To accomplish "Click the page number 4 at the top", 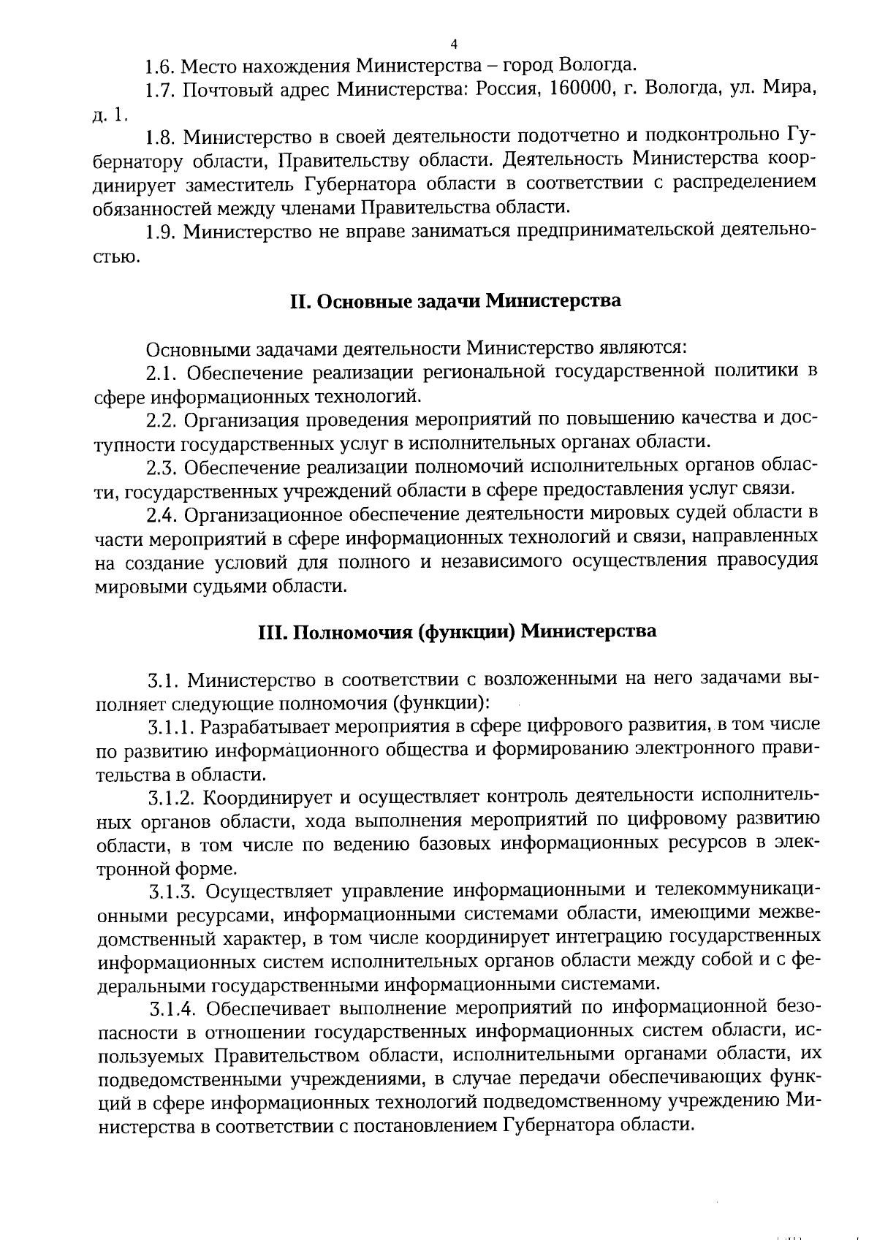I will (454, 42).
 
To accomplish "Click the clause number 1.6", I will (159, 67).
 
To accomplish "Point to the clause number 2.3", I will (162, 467).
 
